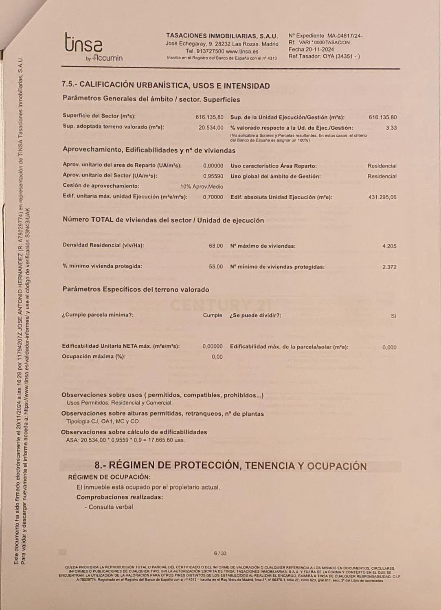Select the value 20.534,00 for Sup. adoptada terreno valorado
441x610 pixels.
click(x=211, y=128)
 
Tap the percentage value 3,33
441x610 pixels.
click(x=391, y=128)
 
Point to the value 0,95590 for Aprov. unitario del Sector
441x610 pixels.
click(x=213, y=176)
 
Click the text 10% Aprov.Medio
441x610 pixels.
click(x=202, y=187)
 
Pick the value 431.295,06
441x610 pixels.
click(x=382, y=197)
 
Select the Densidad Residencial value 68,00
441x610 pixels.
click(x=216, y=246)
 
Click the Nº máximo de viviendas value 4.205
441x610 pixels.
click(x=389, y=246)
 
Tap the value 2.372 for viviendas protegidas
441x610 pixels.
click(x=389, y=267)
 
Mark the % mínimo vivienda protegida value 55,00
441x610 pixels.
click(x=216, y=267)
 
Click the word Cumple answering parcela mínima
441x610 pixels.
click(x=213, y=315)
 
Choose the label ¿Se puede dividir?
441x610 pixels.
click(x=255, y=315)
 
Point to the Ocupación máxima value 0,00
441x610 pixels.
click(x=217, y=357)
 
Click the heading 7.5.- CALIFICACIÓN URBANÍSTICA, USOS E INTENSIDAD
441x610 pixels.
click(x=165, y=85)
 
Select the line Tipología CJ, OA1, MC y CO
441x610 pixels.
click(x=102, y=421)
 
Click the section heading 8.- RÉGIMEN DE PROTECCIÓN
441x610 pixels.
click(x=230, y=466)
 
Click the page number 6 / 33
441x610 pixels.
click(x=220, y=553)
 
